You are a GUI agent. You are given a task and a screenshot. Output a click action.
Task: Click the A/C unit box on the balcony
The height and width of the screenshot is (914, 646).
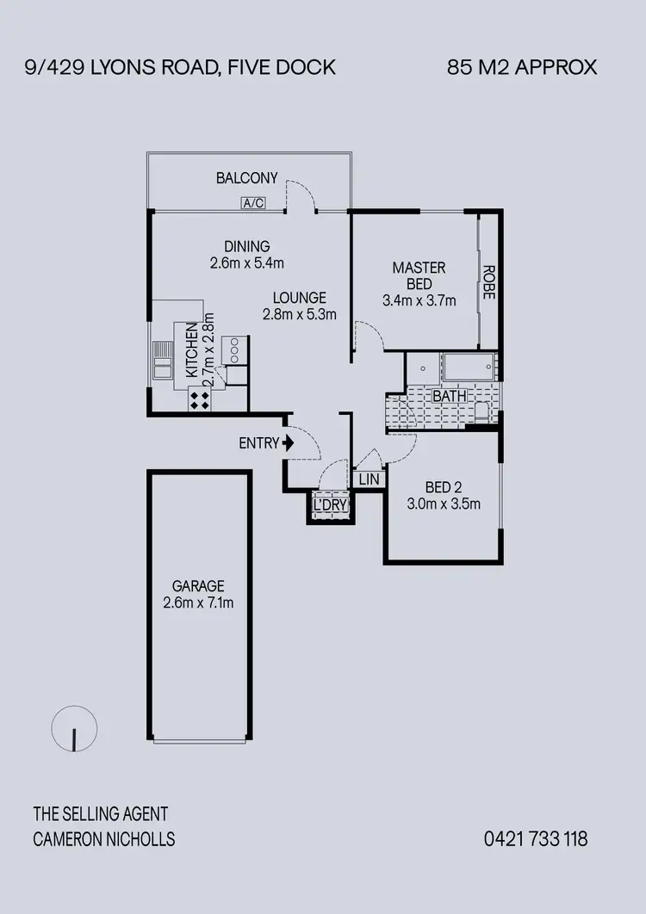point(252,203)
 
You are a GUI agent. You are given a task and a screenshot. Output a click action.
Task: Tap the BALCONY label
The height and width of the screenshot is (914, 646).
point(246,178)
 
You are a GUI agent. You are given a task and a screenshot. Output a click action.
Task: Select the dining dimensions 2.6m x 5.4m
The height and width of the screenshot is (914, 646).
point(246,262)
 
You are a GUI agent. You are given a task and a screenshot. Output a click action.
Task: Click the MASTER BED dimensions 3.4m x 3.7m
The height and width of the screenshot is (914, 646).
point(419,300)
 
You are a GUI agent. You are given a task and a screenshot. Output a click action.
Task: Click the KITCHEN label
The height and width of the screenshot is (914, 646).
point(192,349)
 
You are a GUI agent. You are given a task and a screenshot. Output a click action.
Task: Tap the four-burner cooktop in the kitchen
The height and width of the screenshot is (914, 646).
point(200,398)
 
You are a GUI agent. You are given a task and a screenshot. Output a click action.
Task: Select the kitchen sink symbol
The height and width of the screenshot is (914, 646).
point(163,360)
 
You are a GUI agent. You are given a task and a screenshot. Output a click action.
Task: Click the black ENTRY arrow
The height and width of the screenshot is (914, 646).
point(289,443)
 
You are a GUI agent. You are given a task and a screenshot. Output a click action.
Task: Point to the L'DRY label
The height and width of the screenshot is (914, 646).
point(330,505)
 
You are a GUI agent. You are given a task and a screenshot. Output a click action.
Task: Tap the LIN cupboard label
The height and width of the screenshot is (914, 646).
point(369,479)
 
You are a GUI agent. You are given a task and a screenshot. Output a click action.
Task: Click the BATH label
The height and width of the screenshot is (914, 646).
point(449,396)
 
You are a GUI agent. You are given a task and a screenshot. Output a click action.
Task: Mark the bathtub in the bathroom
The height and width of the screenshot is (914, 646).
point(469,367)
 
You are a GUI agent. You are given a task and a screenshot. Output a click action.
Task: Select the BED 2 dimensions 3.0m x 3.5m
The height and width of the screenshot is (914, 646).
point(443,503)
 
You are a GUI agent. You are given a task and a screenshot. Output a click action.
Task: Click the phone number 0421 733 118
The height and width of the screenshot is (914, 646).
point(535,838)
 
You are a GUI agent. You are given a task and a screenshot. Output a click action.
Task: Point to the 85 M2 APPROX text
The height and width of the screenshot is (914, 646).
point(522,67)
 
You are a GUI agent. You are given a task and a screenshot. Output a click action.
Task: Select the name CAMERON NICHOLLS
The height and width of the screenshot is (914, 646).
point(103,839)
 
